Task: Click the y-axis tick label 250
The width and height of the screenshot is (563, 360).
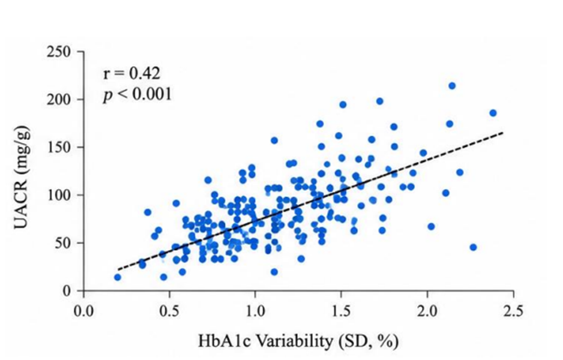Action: point(59,52)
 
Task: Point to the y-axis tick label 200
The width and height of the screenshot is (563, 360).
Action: point(59,100)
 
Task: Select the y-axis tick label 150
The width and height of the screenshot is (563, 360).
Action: point(59,147)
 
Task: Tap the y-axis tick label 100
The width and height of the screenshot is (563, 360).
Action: point(59,195)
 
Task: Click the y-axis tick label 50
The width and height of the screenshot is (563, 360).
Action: point(63,242)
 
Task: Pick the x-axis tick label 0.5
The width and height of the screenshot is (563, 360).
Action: point(169,311)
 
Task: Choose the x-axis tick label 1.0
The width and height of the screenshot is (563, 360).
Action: point(255,311)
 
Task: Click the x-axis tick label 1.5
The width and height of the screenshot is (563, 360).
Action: point(341,311)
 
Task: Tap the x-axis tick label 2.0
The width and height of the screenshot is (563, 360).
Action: point(427,311)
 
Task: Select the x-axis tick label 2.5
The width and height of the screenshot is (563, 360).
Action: point(513,311)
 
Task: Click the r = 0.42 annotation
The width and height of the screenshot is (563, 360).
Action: point(131,74)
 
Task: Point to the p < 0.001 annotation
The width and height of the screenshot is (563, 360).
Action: point(137,95)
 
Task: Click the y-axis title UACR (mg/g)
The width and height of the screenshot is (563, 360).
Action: point(22,178)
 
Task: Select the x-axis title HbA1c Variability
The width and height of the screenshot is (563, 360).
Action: point(265,341)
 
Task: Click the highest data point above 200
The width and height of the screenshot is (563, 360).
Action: point(452,86)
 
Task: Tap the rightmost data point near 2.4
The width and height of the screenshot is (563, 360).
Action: point(493,113)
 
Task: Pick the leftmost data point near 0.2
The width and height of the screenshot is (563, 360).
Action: point(118,277)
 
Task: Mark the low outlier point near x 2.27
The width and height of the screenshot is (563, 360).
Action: point(473,247)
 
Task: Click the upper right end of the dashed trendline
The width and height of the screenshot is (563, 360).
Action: point(503,133)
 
